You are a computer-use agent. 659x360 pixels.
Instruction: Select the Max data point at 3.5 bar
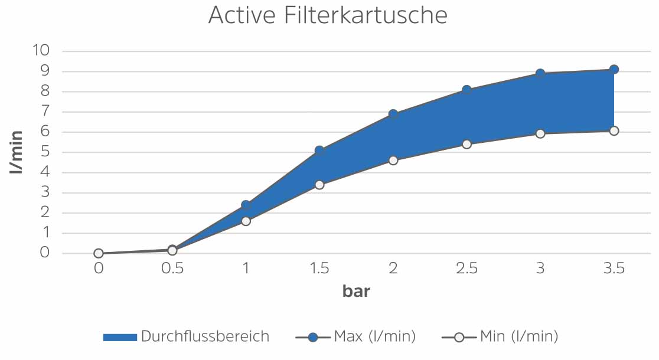614,70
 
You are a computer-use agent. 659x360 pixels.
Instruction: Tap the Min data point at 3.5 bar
614,130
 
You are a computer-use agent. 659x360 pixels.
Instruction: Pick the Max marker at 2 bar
393,114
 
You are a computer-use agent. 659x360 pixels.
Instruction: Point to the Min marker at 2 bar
393,160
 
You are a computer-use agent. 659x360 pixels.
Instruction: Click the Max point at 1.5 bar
319,150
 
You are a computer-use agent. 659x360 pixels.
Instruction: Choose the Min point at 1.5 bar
319,185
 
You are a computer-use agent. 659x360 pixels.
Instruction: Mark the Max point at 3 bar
540,74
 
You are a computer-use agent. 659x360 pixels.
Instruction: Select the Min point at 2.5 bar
466,144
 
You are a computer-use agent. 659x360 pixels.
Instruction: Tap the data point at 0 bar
99,253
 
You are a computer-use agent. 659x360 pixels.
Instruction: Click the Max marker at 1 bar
246,205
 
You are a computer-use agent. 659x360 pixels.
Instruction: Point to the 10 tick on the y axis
42,50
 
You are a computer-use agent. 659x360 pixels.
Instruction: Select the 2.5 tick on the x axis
466,269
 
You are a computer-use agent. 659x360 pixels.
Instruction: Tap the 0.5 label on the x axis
172,269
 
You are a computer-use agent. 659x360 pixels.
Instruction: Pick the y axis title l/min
17,152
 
